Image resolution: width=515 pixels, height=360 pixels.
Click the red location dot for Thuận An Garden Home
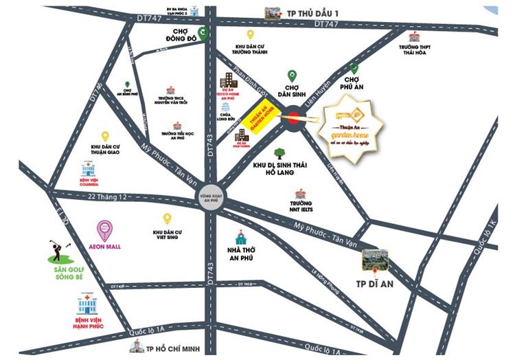tap(293, 117)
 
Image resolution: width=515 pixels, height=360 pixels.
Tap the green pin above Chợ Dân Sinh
tap(292, 76)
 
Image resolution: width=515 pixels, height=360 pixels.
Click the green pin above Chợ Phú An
tap(354, 68)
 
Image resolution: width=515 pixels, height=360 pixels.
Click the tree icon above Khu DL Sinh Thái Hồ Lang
tap(279, 154)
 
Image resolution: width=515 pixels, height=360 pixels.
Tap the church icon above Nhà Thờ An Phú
tap(240, 238)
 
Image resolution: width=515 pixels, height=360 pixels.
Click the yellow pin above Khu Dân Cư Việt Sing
tap(166, 218)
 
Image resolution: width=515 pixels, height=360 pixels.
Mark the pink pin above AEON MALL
tap(104, 228)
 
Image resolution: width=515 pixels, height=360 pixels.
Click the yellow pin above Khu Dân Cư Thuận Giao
tap(105, 136)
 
